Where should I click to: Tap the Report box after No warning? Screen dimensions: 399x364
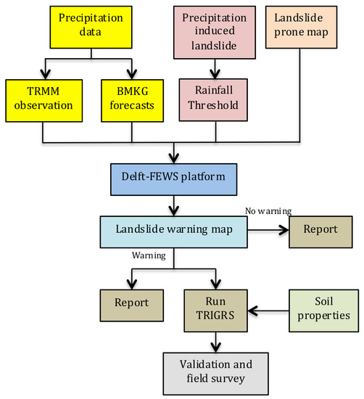click(320, 229)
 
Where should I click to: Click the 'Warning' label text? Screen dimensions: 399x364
click(148, 255)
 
